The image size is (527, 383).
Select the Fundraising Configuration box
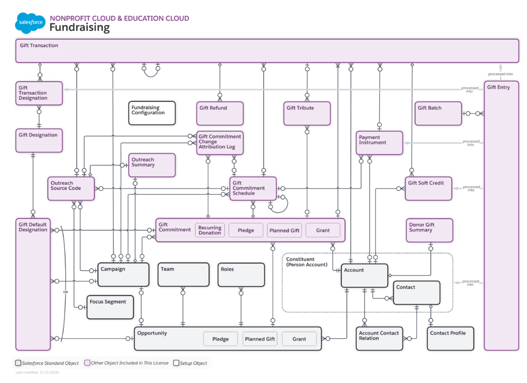(x=152, y=113)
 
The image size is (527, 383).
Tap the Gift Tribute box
(x=307, y=113)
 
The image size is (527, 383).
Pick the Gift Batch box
(x=438, y=113)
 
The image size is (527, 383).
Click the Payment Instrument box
(x=379, y=143)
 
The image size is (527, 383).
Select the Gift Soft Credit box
(x=428, y=188)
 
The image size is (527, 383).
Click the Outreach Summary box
(x=152, y=165)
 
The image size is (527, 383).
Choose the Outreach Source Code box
(x=72, y=188)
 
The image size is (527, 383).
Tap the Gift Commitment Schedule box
(x=253, y=188)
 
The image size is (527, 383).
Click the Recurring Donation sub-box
(x=210, y=230)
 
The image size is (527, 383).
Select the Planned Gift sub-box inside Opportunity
(x=260, y=339)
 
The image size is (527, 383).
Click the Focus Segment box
(x=110, y=307)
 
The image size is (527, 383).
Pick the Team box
(x=183, y=275)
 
